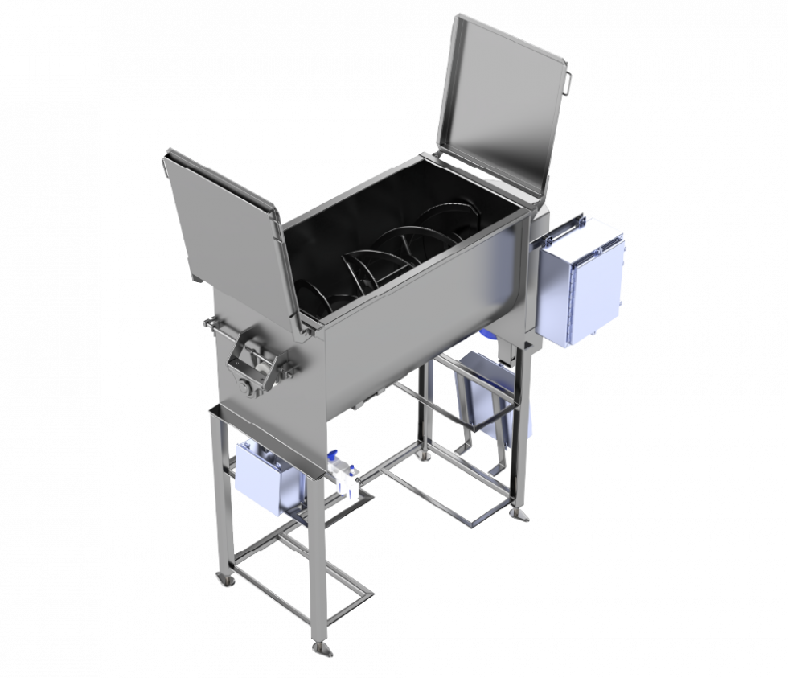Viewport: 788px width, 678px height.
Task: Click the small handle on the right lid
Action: click(568, 80)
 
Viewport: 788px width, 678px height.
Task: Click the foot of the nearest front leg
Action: click(322, 648)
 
